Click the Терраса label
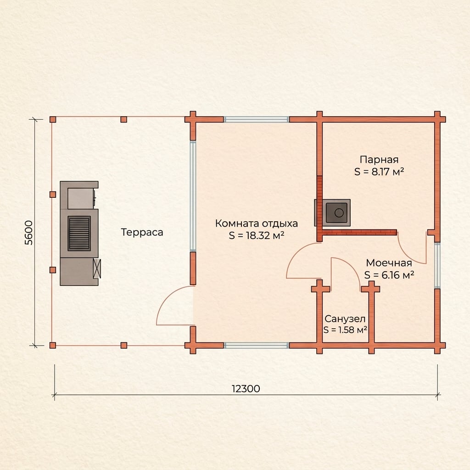142,232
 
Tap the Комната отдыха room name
257,224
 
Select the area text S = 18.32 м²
257,235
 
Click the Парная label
379,160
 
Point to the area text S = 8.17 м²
379,172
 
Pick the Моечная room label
389,263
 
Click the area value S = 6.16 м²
389,275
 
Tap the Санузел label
345,319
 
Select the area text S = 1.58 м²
345,330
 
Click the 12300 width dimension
246,389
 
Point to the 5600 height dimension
28,233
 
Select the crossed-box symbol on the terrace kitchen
97,268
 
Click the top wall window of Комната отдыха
256,120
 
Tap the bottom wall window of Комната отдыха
256,346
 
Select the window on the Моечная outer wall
437,265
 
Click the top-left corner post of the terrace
53,119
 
